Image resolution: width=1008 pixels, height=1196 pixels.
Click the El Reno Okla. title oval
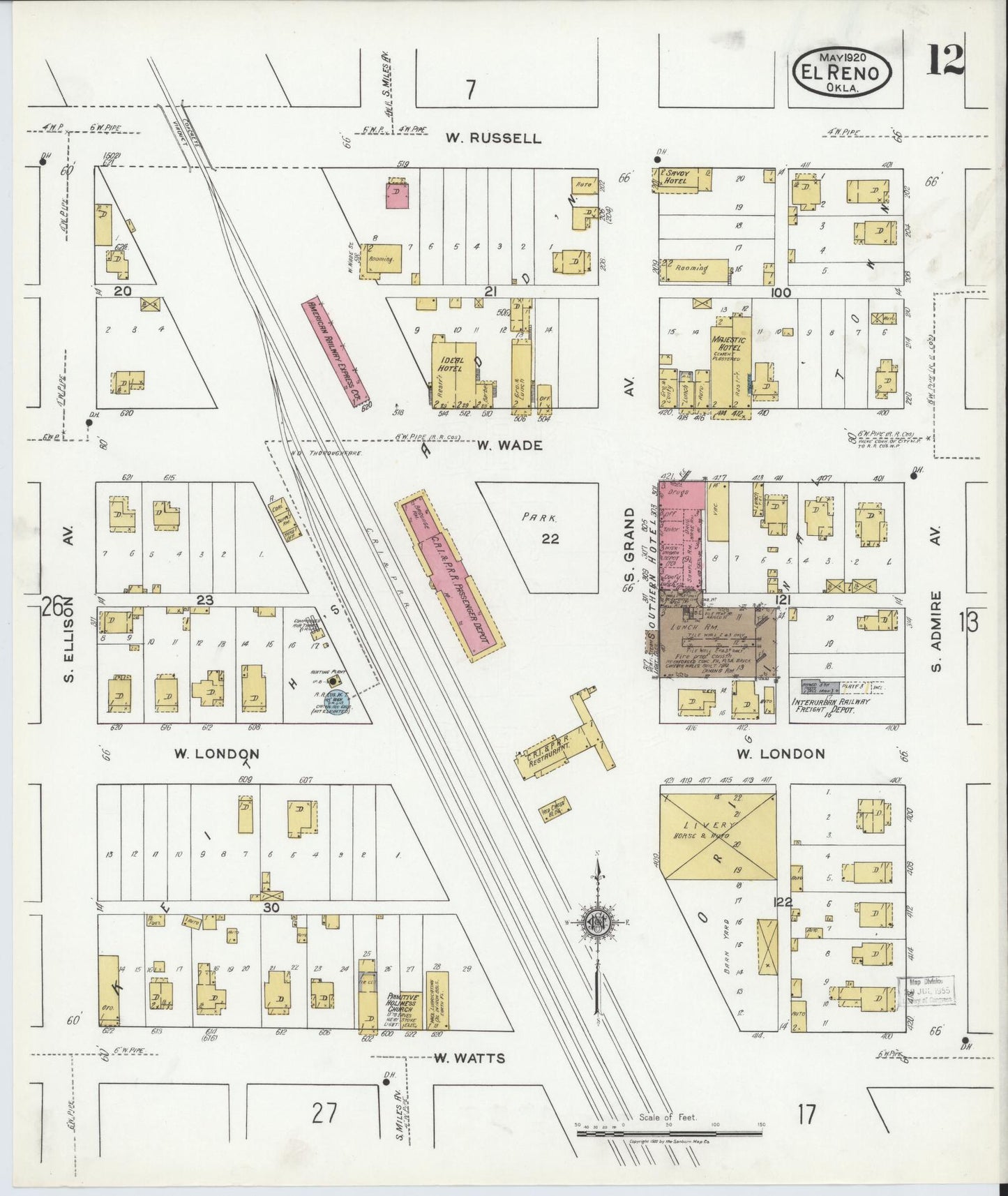click(843, 71)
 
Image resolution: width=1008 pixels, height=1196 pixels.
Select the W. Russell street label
click(493, 138)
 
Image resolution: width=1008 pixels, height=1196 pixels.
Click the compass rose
click(597, 923)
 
